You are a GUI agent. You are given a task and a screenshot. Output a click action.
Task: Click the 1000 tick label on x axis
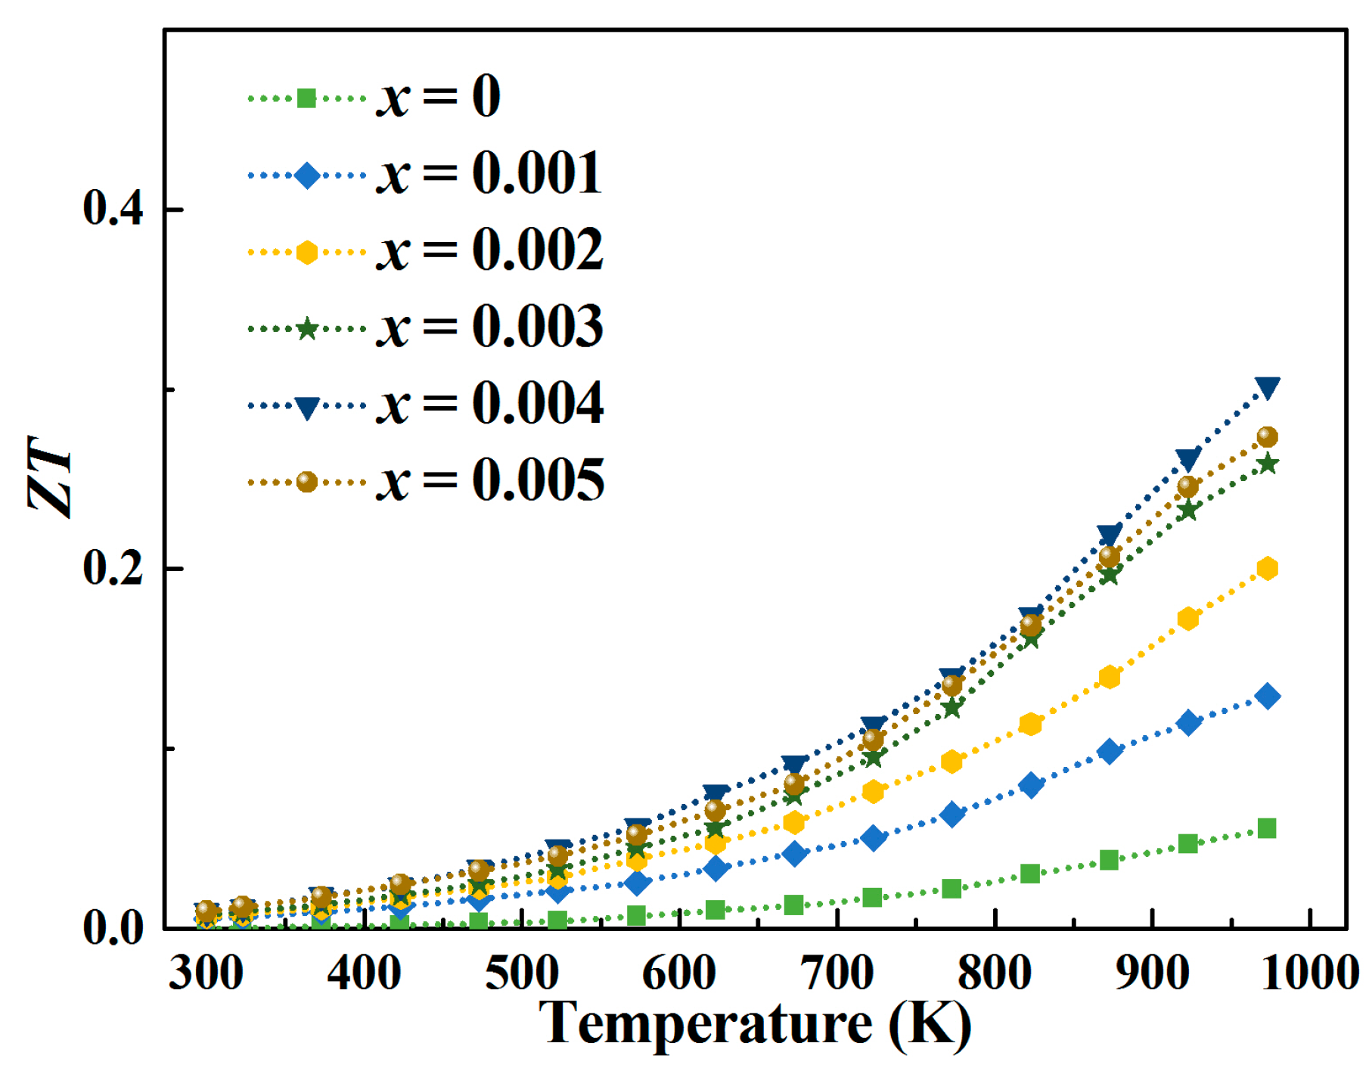click(x=1309, y=973)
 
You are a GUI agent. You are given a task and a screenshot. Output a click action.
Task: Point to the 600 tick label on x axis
click(x=678, y=973)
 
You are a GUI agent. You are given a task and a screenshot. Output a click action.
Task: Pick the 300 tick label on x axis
click(x=206, y=973)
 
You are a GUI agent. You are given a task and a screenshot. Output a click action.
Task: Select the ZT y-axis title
click(x=50, y=477)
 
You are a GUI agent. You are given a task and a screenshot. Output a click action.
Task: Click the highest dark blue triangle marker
click(x=1268, y=388)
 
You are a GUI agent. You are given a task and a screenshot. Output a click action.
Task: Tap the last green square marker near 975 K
click(x=1267, y=828)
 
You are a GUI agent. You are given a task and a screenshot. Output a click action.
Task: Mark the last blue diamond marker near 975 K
click(x=1268, y=696)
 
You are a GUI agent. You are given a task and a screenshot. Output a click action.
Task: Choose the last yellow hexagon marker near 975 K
click(x=1268, y=569)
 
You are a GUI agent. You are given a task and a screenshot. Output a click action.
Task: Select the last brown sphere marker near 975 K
click(x=1268, y=437)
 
